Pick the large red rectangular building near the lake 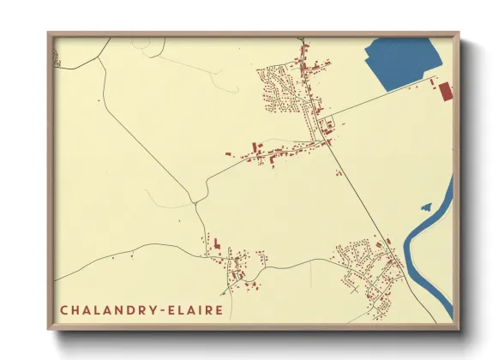point(445,91)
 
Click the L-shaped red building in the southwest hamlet point(217,244)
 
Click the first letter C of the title point(64,309)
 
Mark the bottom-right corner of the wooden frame point(459,329)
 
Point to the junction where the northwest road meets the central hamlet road point(196,202)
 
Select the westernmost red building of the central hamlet point(228,153)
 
